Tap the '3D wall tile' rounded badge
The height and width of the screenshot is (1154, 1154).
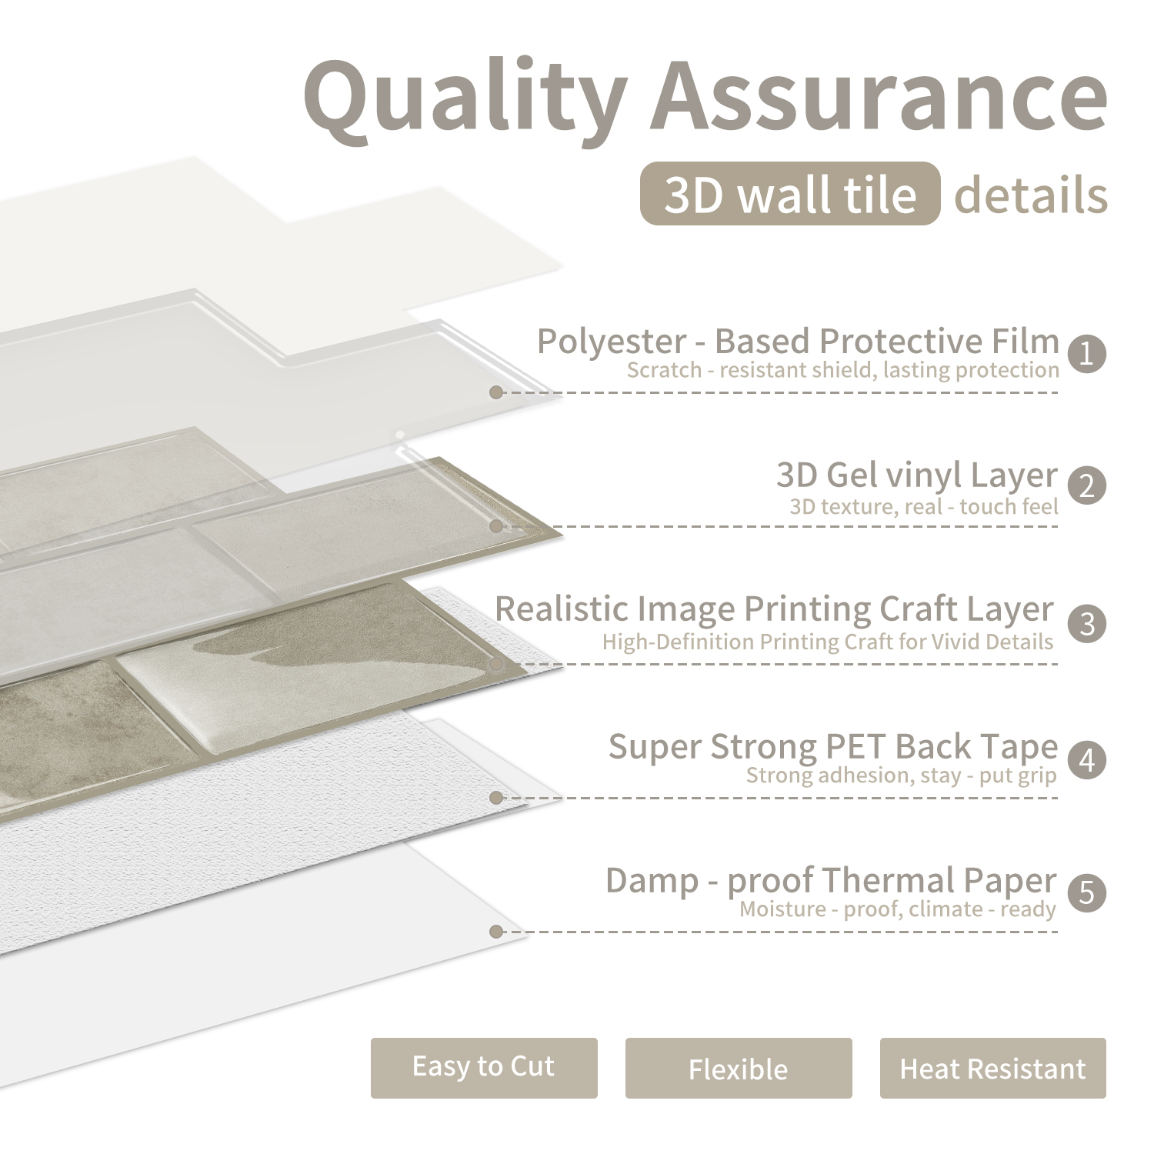pos(790,194)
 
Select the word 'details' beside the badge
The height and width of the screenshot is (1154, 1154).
pos(1031,195)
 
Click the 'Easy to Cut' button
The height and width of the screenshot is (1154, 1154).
pos(484,1068)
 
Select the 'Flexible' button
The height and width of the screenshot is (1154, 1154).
pos(739,1068)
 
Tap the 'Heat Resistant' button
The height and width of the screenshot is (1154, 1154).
pos(993,1068)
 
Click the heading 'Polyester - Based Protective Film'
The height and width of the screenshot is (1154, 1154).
pos(798,341)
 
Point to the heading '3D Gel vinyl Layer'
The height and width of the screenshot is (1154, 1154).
pos(917,475)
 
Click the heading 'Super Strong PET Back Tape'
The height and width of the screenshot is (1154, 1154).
pos(833,746)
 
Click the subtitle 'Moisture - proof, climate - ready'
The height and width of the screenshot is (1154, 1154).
pos(898,909)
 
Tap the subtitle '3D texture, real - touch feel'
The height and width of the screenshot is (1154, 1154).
pos(924,506)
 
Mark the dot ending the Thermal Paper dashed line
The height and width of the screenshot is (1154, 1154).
pos(496,932)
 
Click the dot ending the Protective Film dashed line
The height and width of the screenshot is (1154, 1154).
pos(496,392)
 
